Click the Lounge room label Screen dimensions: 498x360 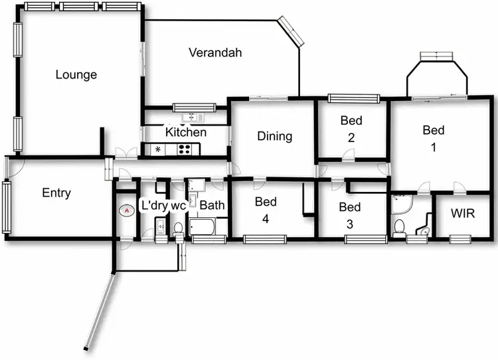76,75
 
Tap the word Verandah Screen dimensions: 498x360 214,52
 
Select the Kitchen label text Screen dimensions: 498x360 186,132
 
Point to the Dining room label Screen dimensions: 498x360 274,136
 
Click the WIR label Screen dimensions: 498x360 462,214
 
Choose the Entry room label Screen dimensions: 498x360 56,193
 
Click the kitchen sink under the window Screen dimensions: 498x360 193,118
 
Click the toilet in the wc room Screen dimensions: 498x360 178,229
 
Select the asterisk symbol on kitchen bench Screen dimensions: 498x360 157,149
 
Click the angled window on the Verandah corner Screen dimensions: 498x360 291,31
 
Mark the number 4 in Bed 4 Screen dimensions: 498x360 266,220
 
